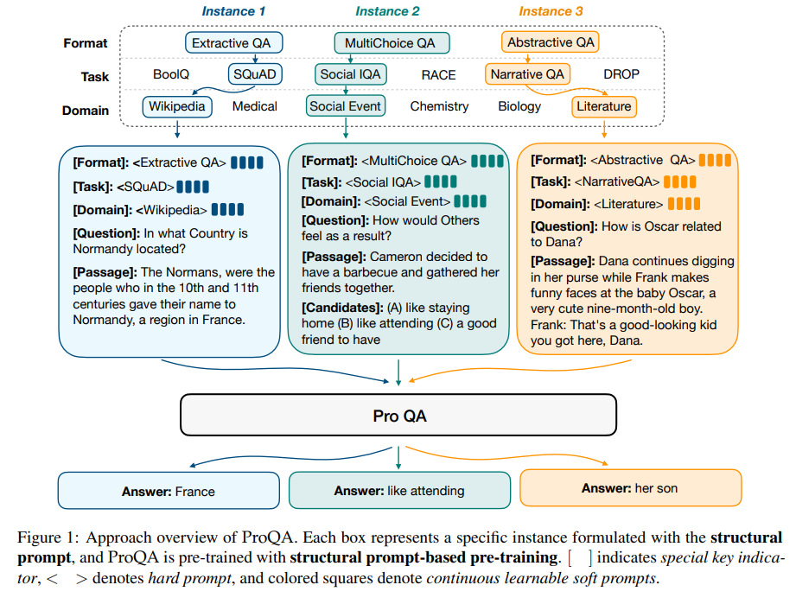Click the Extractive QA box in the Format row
coord(233,42)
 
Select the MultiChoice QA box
coord(391,42)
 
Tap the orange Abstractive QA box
coord(551,42)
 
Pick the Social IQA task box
coord(350,74)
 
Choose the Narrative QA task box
coord(527,74)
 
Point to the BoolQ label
coord(171,74)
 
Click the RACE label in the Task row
coord(438,75)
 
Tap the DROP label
coord(621,74)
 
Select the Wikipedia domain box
coord(177,106)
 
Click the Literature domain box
coord(603,106)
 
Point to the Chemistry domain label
coord(439,106)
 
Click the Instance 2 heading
coord(387,11)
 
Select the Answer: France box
coord(169,491)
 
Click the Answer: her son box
coord(630,488)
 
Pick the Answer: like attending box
coord(398,491)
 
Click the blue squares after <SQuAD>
coord(194,186)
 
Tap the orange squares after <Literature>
coord(684,205)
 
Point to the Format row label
coord(86,43)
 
